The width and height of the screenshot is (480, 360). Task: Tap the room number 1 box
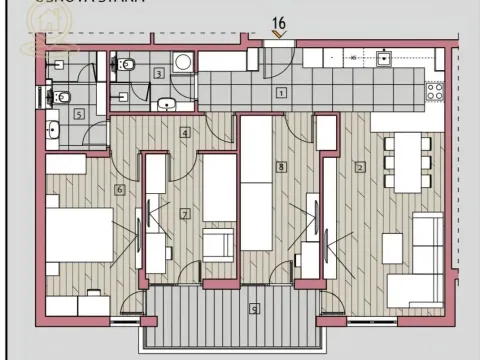(281, 93)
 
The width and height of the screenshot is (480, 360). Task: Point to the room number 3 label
(159, 73)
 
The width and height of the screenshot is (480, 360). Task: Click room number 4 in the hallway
(184, 132)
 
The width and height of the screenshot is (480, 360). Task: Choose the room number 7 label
(184, 213)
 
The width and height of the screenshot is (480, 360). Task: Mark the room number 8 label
(282, 167)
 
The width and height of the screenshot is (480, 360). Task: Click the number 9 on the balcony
(255, 307)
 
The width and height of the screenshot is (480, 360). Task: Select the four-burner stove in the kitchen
(435, 91)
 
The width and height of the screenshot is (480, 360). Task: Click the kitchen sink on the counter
(384, 59)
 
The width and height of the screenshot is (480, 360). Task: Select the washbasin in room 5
(52, 128)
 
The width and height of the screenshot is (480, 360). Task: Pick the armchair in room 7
(218, 243)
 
